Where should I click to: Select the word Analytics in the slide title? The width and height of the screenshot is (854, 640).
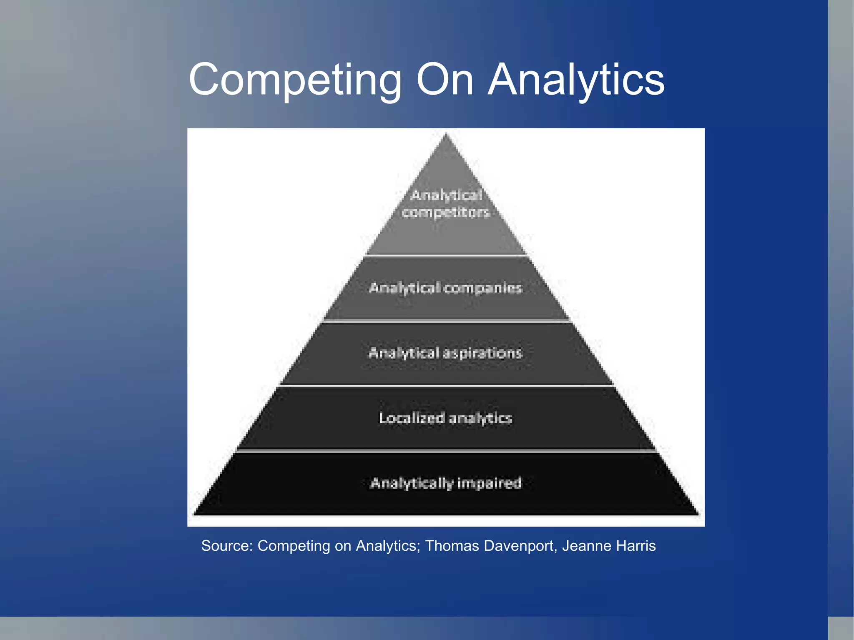tap(576, 80)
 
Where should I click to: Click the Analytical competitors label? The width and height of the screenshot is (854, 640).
tap(446, 204)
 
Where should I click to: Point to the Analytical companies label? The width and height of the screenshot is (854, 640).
tap(446, 288)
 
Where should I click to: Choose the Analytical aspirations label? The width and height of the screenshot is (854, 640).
tap(445, 353)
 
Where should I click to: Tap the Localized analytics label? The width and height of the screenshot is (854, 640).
tap(445, 418)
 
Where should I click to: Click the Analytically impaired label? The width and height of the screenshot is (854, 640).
tap(446, 483)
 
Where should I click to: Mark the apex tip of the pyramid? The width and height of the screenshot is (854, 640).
tap(446, 134)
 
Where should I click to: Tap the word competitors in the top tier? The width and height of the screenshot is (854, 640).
tap(445, 213)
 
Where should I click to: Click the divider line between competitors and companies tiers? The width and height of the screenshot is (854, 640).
tap(446, 255)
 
